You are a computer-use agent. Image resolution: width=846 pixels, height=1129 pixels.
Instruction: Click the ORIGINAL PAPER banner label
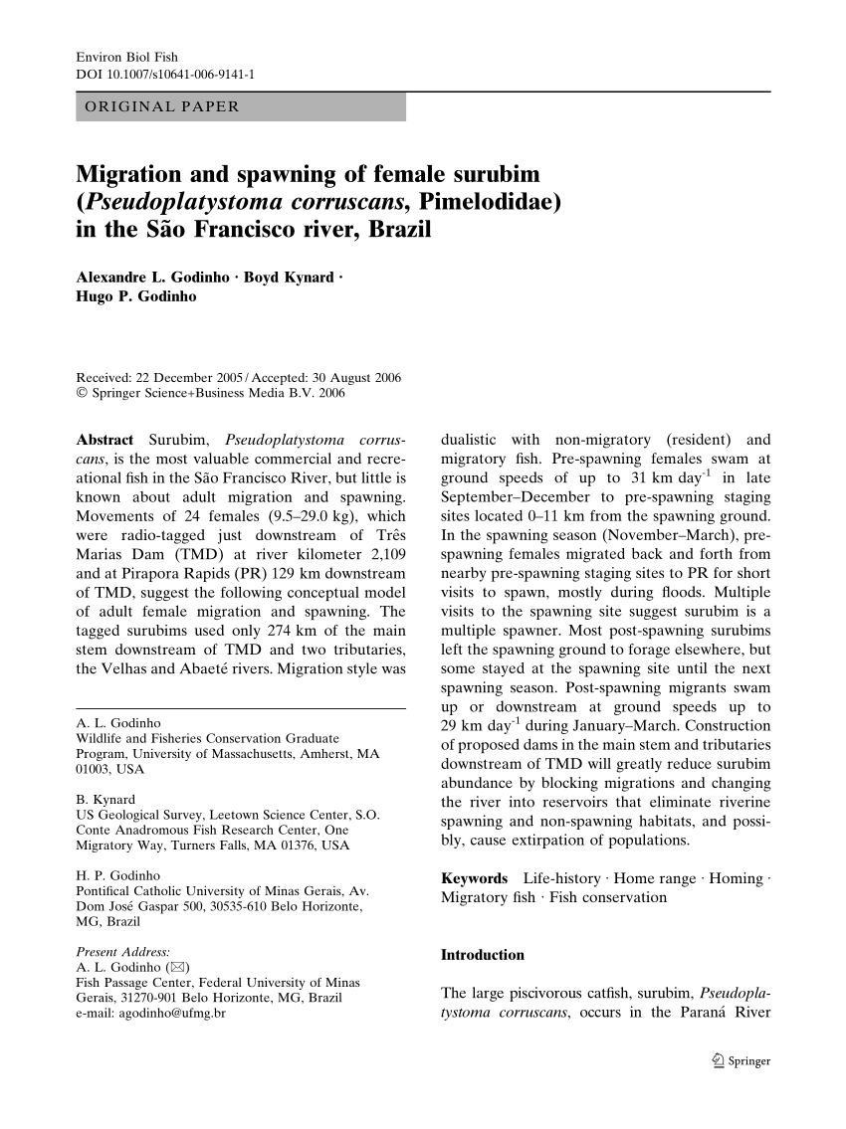(162, 106)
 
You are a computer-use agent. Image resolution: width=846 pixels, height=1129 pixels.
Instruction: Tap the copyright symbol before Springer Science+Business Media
(82, 394)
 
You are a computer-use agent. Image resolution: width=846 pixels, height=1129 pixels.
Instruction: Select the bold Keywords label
(474, 878)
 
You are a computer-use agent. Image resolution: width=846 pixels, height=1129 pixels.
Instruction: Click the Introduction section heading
(482, 955)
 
